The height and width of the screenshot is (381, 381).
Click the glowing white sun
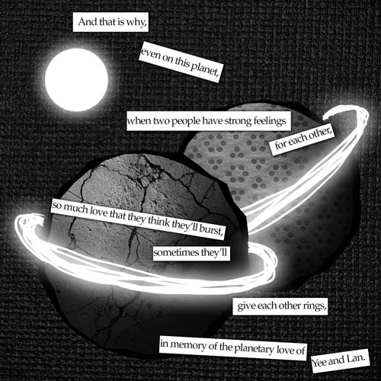tap(76, 80)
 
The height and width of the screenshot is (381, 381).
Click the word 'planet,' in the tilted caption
tap(205, 69)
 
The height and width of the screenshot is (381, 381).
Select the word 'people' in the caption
tap(186, 121)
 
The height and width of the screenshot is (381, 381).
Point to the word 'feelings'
tap(270, 121)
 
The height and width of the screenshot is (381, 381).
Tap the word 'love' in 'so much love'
tap(99, 211)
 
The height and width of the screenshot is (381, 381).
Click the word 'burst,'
tap(211, 230)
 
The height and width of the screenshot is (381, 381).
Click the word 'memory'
tap(188, 345)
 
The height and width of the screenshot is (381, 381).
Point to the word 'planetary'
tap(255, 348)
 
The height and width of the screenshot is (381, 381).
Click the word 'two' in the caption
tap(162, 121)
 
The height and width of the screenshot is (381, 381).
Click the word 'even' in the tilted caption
tap(150, 54)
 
